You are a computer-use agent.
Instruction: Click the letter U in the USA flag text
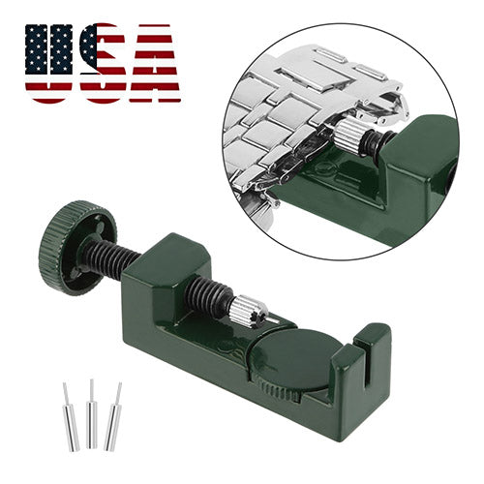click(x=48, y=64)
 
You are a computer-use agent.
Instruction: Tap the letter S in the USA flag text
click(x=104, y=63)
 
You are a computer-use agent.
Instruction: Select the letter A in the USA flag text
click(x=155, y=64)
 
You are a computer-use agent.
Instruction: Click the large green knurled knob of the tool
click(x=77, y=248)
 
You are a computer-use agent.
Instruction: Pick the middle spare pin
click(x=92, y=413)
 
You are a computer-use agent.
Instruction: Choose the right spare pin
click(x=113, y=416)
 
